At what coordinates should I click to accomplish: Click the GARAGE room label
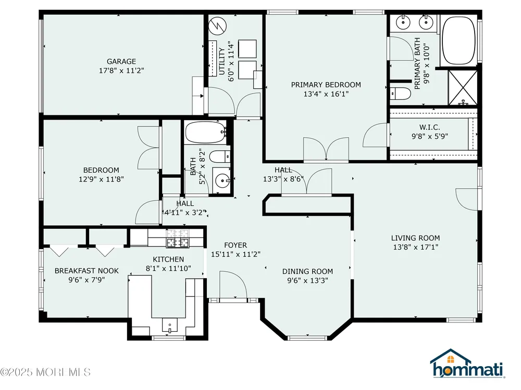[x=121, y=61]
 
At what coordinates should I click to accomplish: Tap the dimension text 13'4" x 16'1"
[x=326, y=94]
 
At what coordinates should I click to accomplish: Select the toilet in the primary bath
[x=400, y=94]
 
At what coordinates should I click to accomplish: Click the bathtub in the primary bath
[x=459, y=41]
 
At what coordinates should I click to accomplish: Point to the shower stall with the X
[x=463, y=87]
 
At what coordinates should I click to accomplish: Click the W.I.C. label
[x=430, y=127]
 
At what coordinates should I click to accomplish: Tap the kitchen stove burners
[x=178, y=238]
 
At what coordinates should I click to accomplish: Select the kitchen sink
[x=170, y=325]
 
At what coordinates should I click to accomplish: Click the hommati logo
[x=467, y=363]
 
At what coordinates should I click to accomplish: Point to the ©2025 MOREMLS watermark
[x=45, y=372]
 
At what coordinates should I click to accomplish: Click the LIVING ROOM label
[x=415, y=238]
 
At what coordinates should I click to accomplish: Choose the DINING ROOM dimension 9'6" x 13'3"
[x=308, y=280]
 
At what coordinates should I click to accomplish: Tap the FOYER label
[x=235, y=245]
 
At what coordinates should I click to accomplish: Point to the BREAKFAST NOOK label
[x=86, y=270]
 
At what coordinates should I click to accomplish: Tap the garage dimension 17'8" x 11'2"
[x=121, y=71]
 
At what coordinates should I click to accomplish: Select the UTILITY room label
[x=222, y=61]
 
